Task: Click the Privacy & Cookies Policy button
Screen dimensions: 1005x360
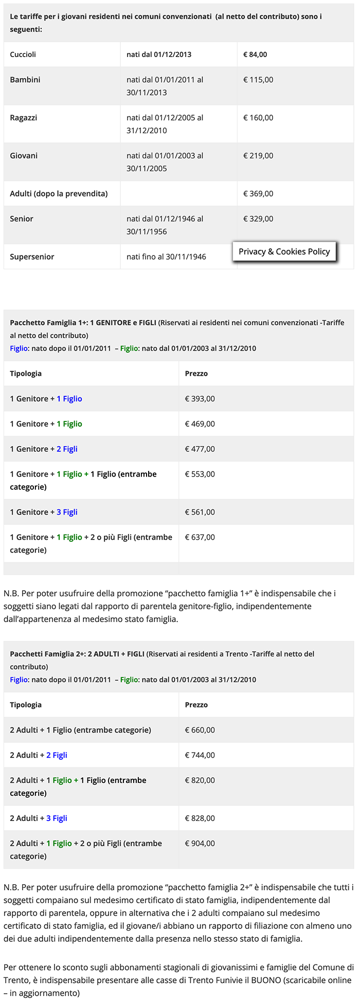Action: coord(284,251)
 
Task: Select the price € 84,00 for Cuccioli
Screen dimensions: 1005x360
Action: coord(255,54)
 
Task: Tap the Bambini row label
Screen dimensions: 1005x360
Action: coord(25,80)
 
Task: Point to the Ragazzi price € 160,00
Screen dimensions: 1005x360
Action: coord(258,118)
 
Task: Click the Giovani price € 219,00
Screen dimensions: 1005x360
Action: coord(258,156)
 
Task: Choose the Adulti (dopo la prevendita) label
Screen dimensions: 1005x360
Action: coord(59,194)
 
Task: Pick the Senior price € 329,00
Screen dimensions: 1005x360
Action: coord(258,219)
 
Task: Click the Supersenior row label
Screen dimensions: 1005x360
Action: coord(32,257)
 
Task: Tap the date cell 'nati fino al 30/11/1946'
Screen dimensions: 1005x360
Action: coord(166,257)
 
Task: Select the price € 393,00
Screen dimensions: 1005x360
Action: coord(200,399)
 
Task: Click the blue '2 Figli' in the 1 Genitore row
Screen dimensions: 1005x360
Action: coord(67,449)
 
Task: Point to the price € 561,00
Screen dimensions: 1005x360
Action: coord(200,513)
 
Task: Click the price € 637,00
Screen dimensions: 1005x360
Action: coord(200,538)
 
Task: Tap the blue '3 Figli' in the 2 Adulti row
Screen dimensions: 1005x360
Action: coord(57,818)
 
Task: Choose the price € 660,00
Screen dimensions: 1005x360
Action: coord(200,730)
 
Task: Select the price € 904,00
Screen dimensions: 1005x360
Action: coord(200,844)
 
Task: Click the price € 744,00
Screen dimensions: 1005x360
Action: coord(200,756)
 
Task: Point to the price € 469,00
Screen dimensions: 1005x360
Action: coord(200,424)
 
